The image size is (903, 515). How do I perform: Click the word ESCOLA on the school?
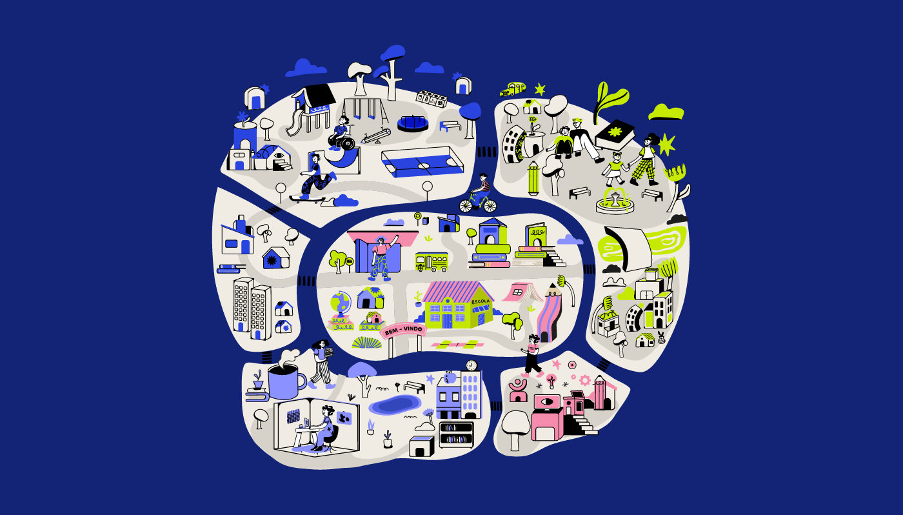point(481,302)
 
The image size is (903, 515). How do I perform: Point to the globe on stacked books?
point(340,304)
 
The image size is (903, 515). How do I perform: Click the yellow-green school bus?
point(432,261)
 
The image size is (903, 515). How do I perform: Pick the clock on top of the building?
point(471,365)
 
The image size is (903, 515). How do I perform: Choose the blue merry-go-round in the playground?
point(413,122)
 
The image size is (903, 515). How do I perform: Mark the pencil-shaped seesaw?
point(376,135)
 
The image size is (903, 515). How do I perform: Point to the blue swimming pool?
point(393,405)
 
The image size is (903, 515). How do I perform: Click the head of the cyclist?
point(482,177)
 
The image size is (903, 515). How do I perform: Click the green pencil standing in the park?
point(533,179)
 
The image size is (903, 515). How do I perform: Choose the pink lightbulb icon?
point(551,379)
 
